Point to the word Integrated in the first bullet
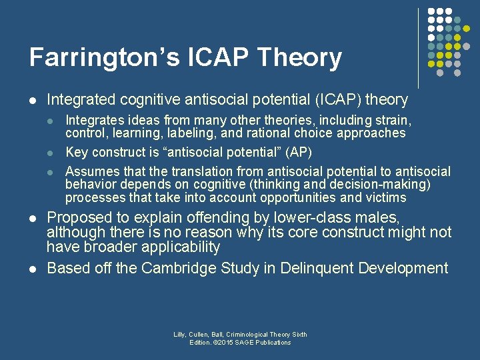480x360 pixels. coord(81,100)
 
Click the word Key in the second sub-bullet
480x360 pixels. coord(77,152)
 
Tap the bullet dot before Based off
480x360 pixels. coord(32,269)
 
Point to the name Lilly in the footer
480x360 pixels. coord(180,335)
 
